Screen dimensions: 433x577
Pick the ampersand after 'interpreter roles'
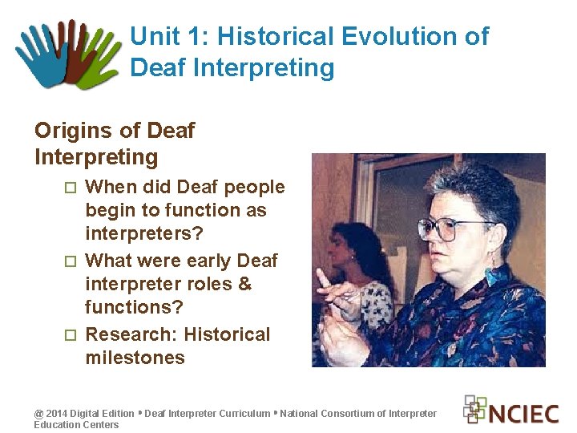(x=245, y=284)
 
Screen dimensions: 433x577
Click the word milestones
(x=135, y=358)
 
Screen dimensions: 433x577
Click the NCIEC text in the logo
(x=524, y=414)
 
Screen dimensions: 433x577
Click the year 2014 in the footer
(x=56, y=414)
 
